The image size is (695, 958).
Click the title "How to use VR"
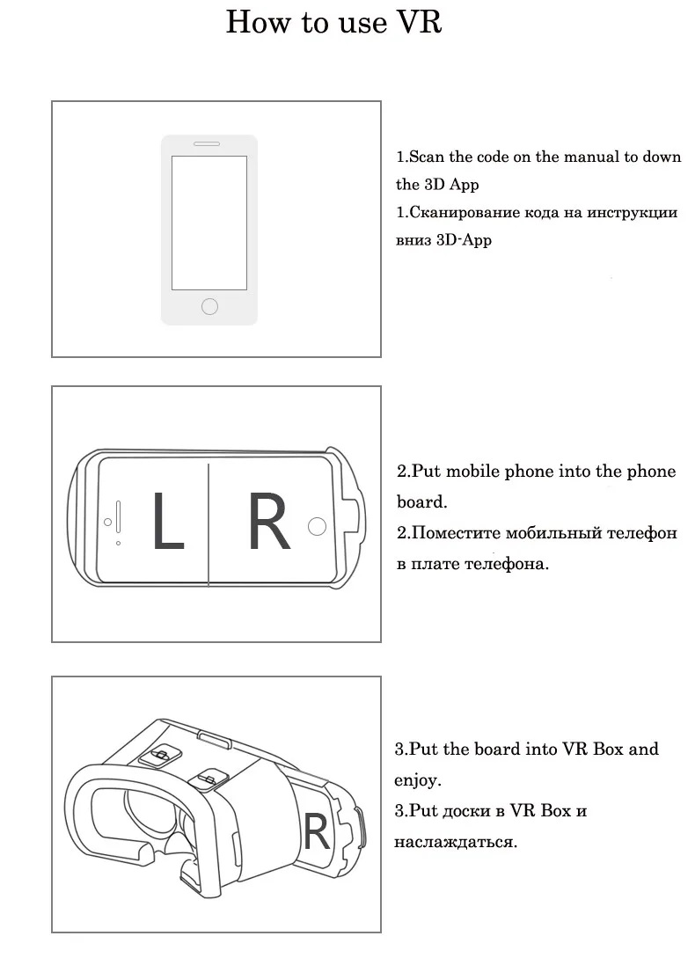(333, 23)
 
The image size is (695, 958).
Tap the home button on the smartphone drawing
(209, 305)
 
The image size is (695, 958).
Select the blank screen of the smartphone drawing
(209, 223)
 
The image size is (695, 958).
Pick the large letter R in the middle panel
(268, 523)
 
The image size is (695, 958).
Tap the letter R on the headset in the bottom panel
(316, 830)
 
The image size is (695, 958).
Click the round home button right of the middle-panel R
(317, 526)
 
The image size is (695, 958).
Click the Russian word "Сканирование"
(466, 213)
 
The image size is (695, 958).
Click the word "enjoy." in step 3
(417, 780)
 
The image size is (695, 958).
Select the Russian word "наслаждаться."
(455, 841)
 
